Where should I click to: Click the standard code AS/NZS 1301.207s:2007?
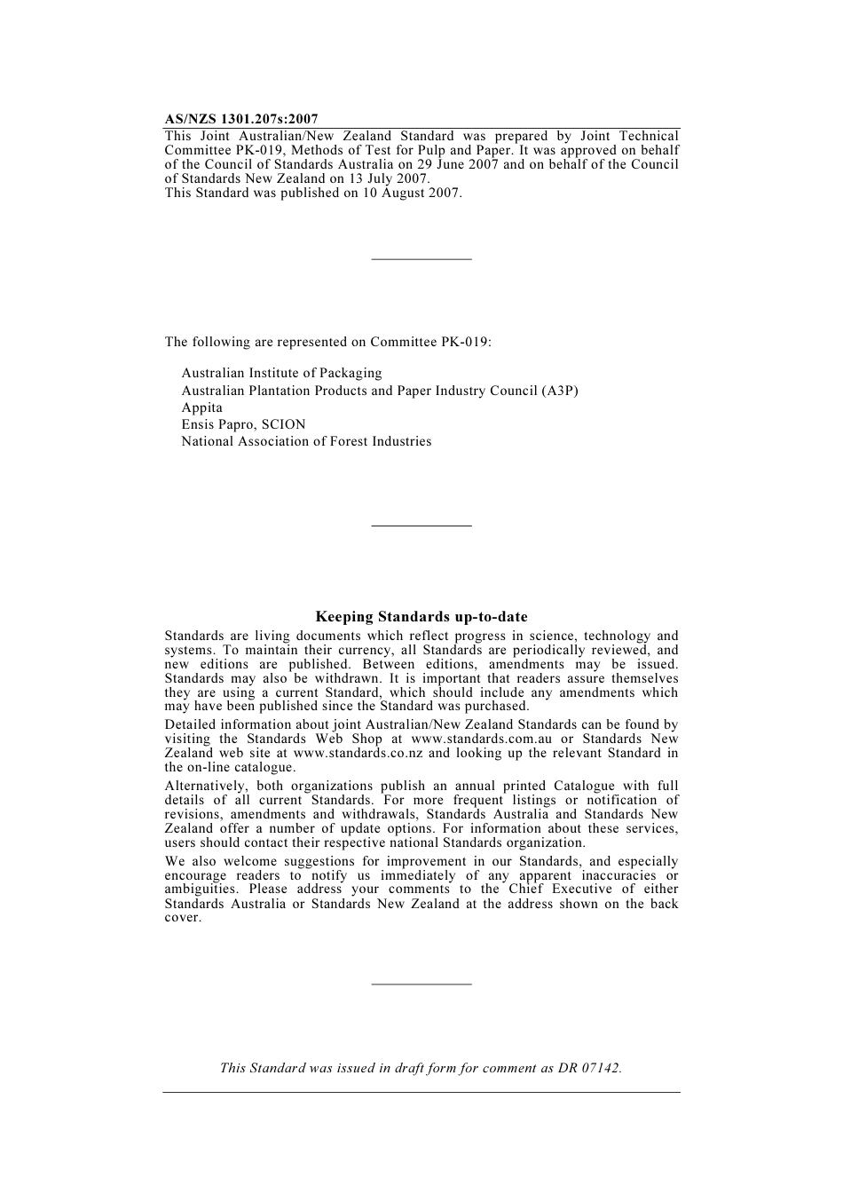click(241, 119)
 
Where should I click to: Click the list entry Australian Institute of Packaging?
click(281, 373)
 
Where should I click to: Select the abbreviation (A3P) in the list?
click(559, 391)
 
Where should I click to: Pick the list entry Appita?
click(202, 407)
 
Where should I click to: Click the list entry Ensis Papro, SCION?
click(243, 424)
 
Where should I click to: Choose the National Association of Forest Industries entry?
click(306, 441)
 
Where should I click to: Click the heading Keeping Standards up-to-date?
click(421, 617)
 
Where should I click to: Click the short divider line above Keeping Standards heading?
click(421, 526)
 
